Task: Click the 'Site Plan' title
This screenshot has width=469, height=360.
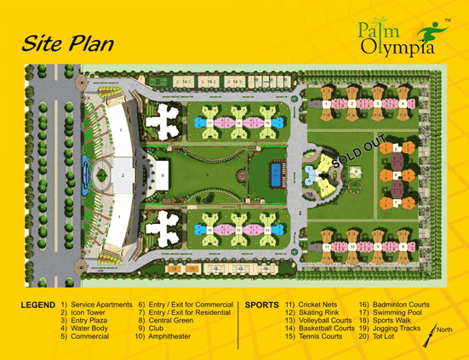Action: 67,42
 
